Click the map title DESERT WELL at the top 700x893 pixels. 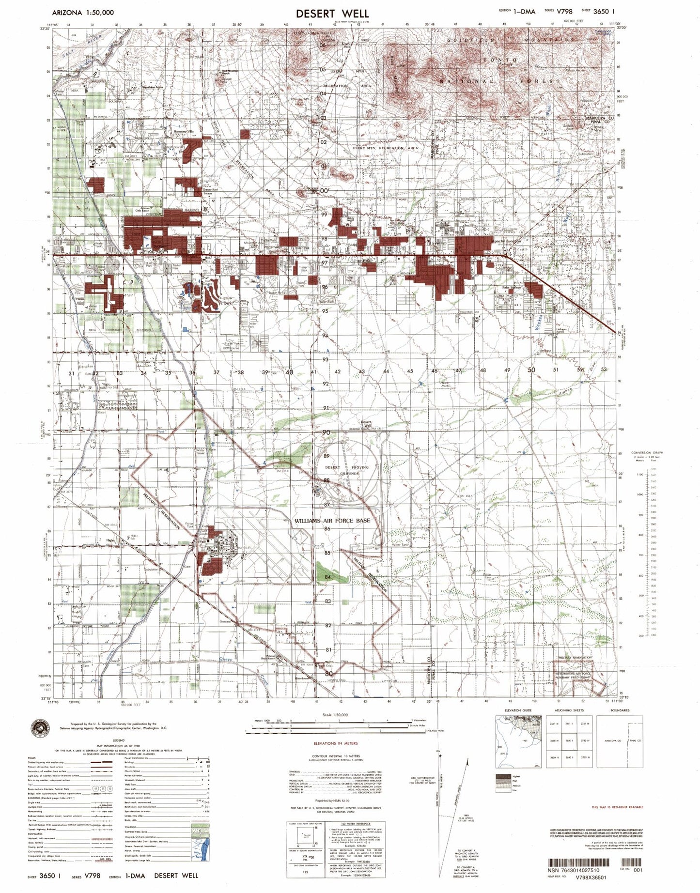[x=332, y=14]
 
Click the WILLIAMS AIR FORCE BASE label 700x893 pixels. [x=332, y=521]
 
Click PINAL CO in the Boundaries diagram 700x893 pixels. [x=635, y=741]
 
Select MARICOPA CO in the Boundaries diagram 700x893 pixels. [x=612, y=741]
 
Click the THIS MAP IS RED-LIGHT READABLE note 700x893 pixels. [x=618, y=807]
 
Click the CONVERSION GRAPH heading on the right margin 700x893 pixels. [x=647, y=452]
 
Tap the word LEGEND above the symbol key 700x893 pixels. [x=118, y=740]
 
